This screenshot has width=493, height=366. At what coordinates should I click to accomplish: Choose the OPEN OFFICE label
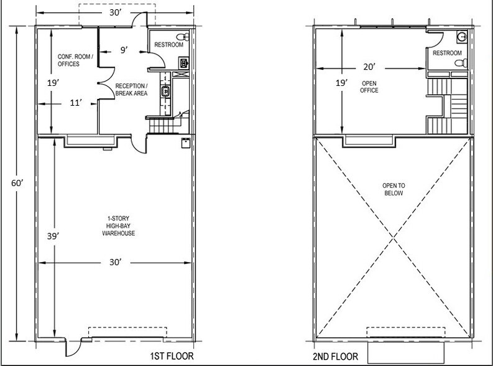click(x=369, y=87)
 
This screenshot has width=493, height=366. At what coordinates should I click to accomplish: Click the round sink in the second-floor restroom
click(x=460, y=36)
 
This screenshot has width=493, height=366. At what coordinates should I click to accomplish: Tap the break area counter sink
click(x=165, y=92)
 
